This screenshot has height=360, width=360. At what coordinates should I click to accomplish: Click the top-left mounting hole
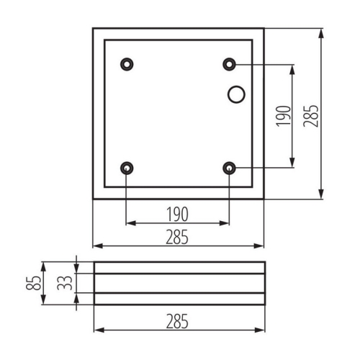tap(127, 64)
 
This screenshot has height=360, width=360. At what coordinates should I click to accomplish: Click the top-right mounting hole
tap(230, 64)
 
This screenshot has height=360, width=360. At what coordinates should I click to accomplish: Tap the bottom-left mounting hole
tap(127, 168)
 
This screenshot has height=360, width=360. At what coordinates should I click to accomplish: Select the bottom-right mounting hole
tap(230, 168)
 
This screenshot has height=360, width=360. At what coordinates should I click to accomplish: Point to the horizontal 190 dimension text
tap(177, 213)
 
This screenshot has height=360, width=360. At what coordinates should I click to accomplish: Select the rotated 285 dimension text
tap(310, 113)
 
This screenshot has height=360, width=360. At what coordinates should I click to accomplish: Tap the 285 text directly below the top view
tap(177, 235)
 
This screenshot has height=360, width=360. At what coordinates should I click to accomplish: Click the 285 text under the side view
tap(177, 321)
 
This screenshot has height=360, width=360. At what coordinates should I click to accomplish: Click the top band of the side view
tap(179, 268)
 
